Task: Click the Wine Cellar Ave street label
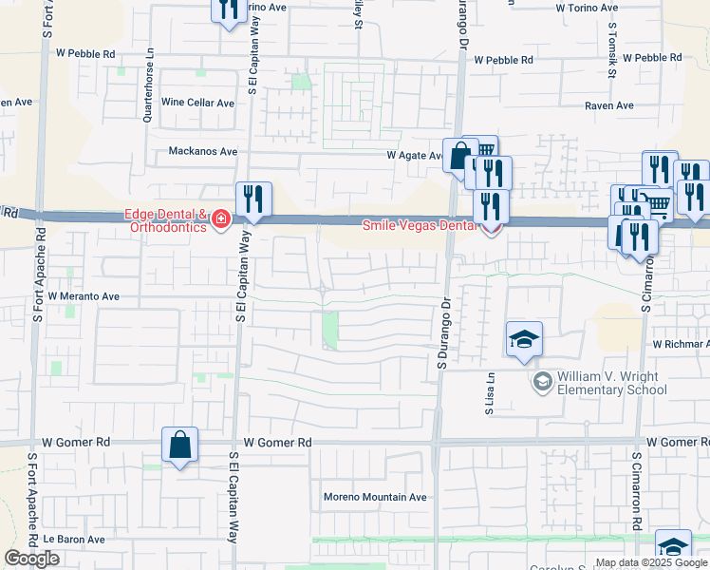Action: click(197, 103)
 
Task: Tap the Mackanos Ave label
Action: click(202, 151)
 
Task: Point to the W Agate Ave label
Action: click(415, 156)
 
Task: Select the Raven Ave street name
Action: click(608, 105)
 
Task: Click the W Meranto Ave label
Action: click(84, 296)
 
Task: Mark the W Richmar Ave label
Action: click(680, 344)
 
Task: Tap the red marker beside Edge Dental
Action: click(220, 220)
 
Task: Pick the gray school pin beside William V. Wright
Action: click(542, 383)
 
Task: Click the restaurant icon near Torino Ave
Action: click(228, 9)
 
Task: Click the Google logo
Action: click(31, 559)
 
